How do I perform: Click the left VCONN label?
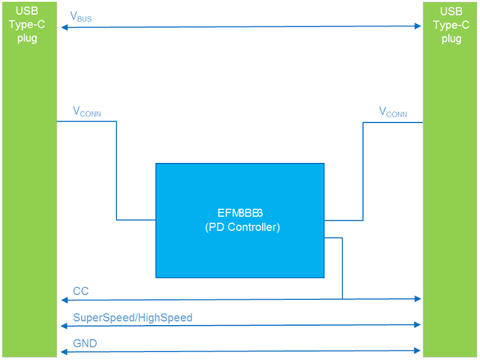coord(86,112)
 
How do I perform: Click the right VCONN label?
coord(392,113)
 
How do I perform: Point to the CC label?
coord(81,291)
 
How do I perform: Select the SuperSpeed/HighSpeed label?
coord(132,317)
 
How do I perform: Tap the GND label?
coord(84,343)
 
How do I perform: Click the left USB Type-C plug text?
coord(26,24)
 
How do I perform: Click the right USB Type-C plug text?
coord(451,24)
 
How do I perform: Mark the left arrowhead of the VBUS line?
coord(62,27)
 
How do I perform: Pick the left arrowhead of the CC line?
coord(62,300)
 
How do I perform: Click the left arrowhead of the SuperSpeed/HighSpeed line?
coord(62,326)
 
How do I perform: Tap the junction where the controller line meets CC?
coord(342,299)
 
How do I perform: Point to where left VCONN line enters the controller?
coord(156,219)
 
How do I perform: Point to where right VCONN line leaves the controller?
coord(324,220)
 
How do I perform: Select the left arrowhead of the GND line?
coord(62,351)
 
